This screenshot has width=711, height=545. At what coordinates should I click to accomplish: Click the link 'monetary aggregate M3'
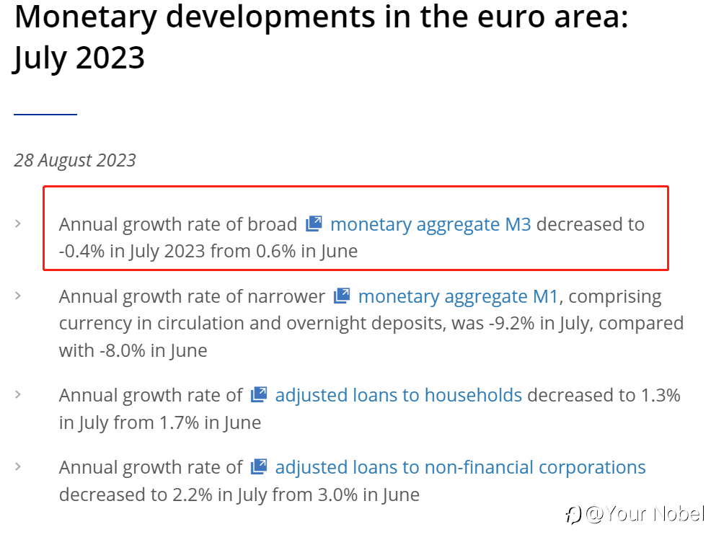tap(430, 224)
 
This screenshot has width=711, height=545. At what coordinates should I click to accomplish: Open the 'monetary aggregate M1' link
tap(458, 296)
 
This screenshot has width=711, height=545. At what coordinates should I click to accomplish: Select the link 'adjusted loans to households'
tap(399, 395)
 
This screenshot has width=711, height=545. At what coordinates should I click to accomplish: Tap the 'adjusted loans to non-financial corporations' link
tap(460, 467)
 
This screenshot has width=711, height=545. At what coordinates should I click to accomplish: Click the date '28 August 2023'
tap(75, 160)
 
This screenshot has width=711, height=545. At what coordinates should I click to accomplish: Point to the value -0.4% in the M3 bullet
tap(82, 251)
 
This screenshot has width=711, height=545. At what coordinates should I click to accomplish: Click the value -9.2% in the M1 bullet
tap(511, 323)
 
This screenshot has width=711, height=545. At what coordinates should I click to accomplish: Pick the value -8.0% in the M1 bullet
tap(123, 350)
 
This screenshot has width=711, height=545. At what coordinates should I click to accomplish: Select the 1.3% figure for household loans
tap(661, 395)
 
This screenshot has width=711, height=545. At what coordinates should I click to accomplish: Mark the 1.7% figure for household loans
tap(179, 422)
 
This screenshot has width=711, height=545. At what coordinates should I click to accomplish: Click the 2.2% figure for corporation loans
tap(193, 495)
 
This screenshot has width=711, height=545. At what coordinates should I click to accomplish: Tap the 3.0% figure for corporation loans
tap(337, 495)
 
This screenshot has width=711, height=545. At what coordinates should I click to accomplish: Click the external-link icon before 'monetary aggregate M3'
tap(314, 223)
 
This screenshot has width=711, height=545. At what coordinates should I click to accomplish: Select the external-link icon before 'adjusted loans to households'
tap(259, 394)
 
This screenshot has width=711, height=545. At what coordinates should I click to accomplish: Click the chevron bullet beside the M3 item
tap(18, 223)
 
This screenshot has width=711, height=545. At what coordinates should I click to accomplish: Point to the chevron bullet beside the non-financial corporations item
tap(18, 466)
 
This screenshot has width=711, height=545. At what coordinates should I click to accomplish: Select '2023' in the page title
tap(110, 58)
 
